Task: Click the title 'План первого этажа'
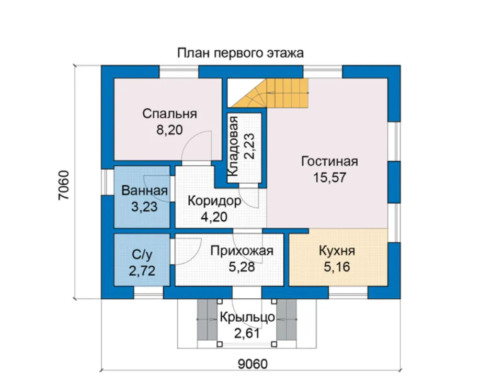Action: (240, 53)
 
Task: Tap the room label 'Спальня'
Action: (169, 114)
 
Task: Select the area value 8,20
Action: (169, 130)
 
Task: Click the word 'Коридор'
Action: (214, 201)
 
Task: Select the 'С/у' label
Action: (142, 255)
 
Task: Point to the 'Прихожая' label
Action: (242, 251)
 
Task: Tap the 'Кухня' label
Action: (337, 251)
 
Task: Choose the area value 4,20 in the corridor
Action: (214, 217)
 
